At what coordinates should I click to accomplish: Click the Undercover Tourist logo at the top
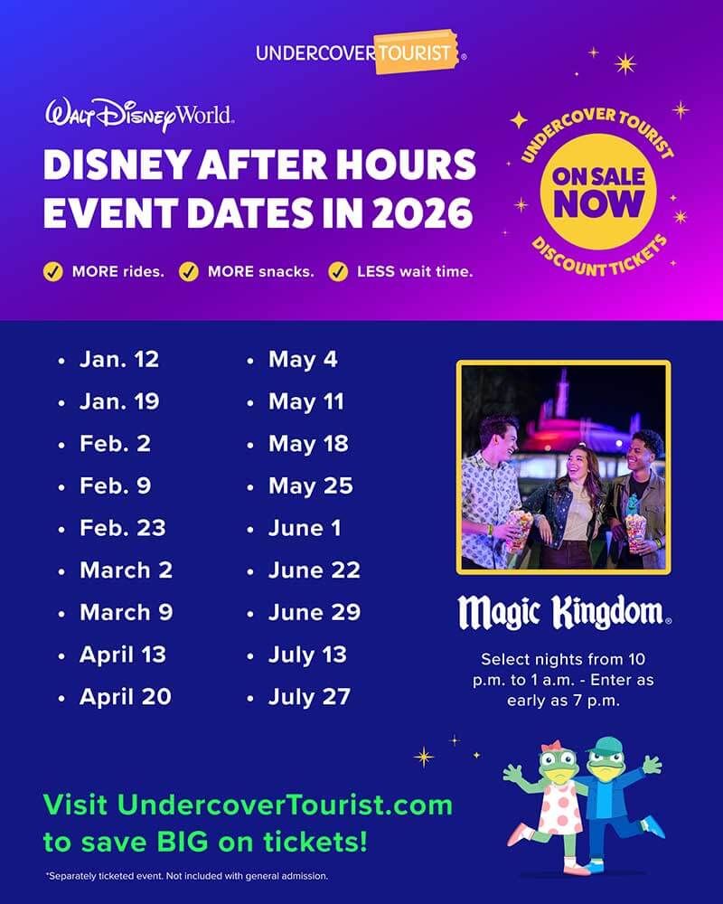[361, 52]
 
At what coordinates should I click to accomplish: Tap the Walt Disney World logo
[139, 114]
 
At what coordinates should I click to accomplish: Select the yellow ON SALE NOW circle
[598, 192]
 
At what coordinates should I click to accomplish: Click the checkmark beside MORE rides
[53, 271]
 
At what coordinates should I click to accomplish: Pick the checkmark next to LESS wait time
[338, 271]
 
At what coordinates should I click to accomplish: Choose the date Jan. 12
[118, 359]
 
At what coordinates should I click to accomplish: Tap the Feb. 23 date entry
[122, 528]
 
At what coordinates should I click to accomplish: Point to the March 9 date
[127, 612]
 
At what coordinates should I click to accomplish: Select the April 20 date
[125, 696]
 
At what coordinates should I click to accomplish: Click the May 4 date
[303, 360]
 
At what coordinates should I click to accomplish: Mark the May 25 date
[310, 486]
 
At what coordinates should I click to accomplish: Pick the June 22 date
[315, 570]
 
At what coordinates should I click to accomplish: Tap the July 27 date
[309, 697]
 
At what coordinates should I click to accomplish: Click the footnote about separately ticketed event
[187, 876]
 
